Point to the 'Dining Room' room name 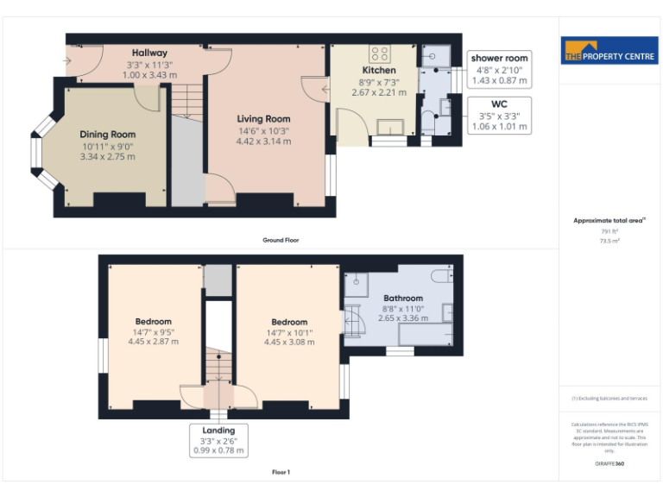pyautogui.click(x=108, y=135)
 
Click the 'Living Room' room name pyautogui.click(x=263, y=119)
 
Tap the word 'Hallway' pyautogui.click(x=149, y=53)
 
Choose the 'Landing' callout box pyautogui.click(x=219, y=439)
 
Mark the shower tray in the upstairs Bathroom pyautogui.click(x=356, y=282)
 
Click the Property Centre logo pyautogui.click(x=609, y=50)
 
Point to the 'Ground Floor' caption pyautogui.click(x=281, y=240)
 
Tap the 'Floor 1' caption pyautogui.click(x=281, y=472)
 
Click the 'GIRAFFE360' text pyautogui.click(x=609, y=465)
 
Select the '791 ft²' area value pyautogui.click(x=609, y=232)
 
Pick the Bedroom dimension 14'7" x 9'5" pyautogui.click(x=154, y=331)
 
